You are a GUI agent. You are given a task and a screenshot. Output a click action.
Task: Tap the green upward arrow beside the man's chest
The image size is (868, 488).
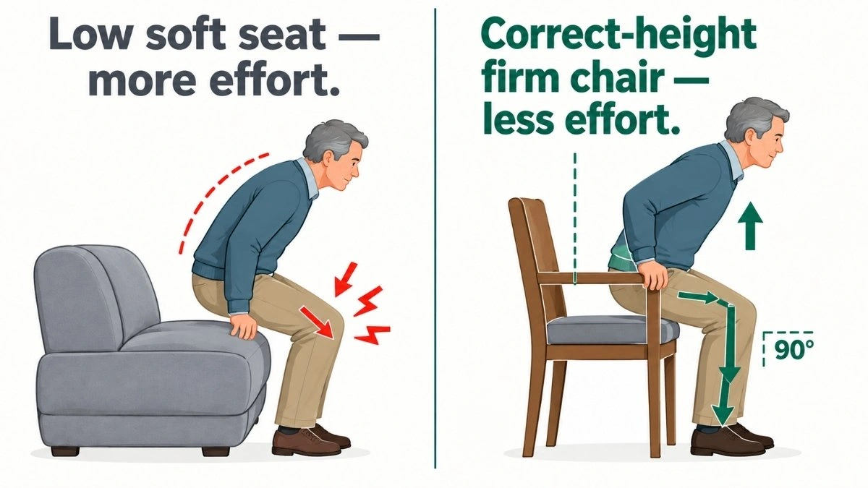coord(751,226)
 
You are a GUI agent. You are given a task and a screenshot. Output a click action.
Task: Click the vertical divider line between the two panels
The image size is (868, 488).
coord(435,238)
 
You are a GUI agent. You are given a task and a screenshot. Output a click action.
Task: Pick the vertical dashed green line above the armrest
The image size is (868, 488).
coord(574,219)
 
